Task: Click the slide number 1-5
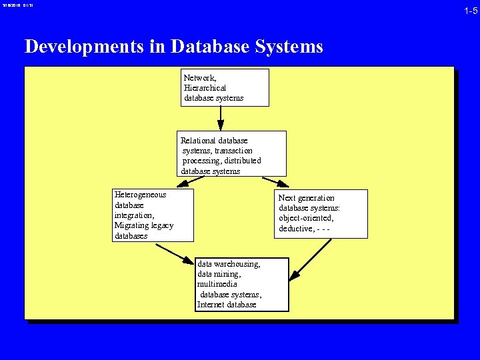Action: (x=471, y=11)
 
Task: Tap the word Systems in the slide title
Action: (x=291, y=47)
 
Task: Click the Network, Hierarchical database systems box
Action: (x=225, y=87)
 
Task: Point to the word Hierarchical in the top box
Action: (x=205, y=87)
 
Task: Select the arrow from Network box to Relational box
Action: (x=221, y=119)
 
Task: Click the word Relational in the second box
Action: (x=198, y=141)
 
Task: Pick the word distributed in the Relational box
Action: (x=239, y=161)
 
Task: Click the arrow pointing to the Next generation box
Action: (x=275, y=182)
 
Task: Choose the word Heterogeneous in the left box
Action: (x=140, y=195)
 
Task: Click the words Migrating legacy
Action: (x=143, y=225)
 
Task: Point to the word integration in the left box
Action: (x=134, y=215)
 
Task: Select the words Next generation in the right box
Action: (x=306, y=198)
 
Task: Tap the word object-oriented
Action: (x=306, y=218)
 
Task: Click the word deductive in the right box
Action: (x=296, y=229)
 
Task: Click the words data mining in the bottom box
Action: (x=219, y=274)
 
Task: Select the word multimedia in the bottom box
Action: (x=217, y=284)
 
